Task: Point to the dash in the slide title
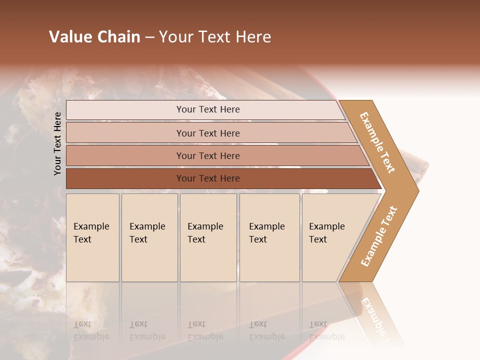149,37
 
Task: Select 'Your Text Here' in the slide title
215,37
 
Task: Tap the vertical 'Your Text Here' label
57,143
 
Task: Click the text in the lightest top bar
208,109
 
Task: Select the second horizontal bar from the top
208,133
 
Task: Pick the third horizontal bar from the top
208,155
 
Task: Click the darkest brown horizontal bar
208,178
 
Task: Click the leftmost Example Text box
92,237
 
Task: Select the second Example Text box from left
149,237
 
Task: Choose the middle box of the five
208,237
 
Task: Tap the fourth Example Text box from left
269,237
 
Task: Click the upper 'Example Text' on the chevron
377,142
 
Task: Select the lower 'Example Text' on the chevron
379,236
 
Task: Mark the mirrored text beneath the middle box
205,330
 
